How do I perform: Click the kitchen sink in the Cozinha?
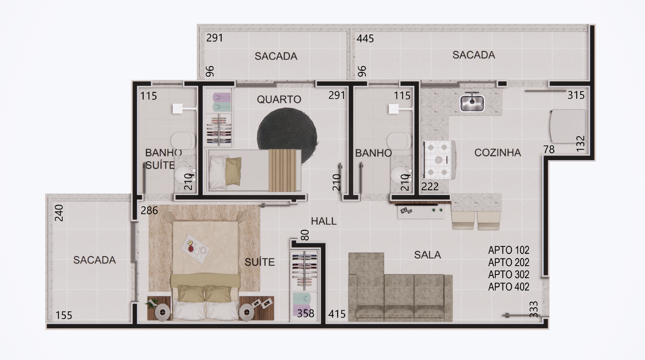click(472, 103)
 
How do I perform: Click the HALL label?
click(324, 221)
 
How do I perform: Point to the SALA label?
click(427, 255)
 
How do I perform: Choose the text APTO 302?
click(509, 275)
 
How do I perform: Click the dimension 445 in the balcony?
click(365, 38)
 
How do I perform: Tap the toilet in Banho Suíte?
click(183, 141)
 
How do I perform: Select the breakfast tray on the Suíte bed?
click(195, 249)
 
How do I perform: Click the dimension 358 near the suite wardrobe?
click(305, 313)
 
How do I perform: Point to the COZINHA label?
click(498, 153)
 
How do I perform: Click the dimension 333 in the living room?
click(533, 309)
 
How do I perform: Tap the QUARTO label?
click(279, 100)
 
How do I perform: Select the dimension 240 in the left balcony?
click(59, 213)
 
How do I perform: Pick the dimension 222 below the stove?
click(430, 187)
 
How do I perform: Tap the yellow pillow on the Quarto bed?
click(233, 171)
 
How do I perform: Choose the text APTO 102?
click(509, 250)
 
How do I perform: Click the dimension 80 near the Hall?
click(305, 235)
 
